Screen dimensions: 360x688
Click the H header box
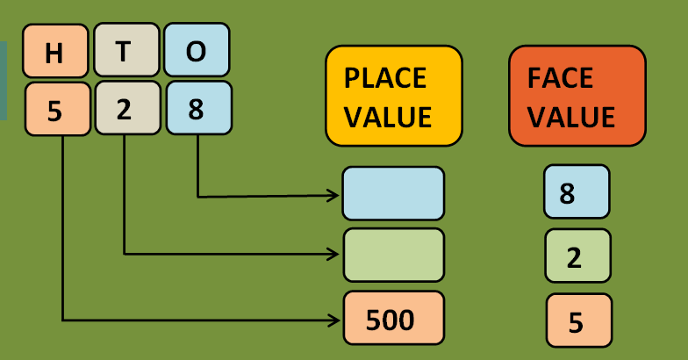(x=55, y=52)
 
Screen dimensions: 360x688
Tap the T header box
(x=124, y=51)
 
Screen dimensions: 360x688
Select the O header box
(x=197, y=51)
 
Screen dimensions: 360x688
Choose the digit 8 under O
(x=198, y=110)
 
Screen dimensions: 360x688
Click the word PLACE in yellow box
(x=384, y=78)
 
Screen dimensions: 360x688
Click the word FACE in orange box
(x=560, y=78)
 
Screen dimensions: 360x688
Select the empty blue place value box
(x=393, y=193)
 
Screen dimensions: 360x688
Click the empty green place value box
(x=393, y=255)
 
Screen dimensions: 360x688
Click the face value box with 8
(x=576, y=191)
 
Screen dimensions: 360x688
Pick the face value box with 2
(x=577, y=256)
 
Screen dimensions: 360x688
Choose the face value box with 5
(x=578, y=320)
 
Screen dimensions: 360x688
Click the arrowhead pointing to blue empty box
(x=333, y=196)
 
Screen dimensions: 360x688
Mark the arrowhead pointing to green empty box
(x=333, y=254)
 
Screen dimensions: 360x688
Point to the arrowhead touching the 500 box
(x=333, y=319)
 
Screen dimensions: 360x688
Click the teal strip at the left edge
(x=3, y=79)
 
